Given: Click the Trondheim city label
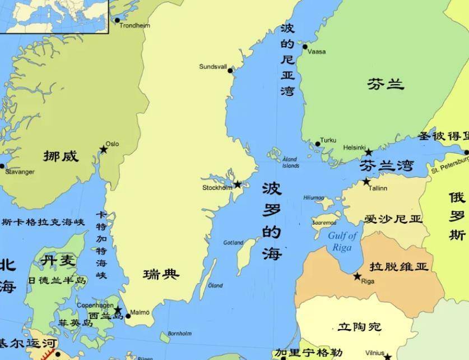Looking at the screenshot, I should click(135, 25).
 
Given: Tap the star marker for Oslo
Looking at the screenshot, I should click(104, 150).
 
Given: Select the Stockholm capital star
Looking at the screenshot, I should click(238, 184).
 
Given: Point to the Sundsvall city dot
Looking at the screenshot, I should click(230, 71).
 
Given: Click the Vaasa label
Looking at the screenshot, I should click(317, 52).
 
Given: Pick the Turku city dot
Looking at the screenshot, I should click(318, 144).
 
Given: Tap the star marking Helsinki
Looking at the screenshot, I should click(368, 152).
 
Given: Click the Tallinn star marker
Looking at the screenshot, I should click(366, 182).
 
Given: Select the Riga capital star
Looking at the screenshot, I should click(357, 276).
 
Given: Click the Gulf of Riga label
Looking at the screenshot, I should click(342, 241).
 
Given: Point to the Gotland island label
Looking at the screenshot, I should click(233, 243).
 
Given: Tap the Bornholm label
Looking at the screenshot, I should click(179, 334).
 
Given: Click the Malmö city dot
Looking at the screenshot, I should click(128, 316).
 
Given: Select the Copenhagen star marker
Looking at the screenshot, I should click(118, 310).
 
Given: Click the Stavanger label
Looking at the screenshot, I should click(20, 172).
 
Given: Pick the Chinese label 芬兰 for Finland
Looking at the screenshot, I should click(386, 84).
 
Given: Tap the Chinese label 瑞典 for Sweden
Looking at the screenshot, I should click(161, 274).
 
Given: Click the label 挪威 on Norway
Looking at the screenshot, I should click(61, 156).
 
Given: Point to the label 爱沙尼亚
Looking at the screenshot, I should click(393, 219).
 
